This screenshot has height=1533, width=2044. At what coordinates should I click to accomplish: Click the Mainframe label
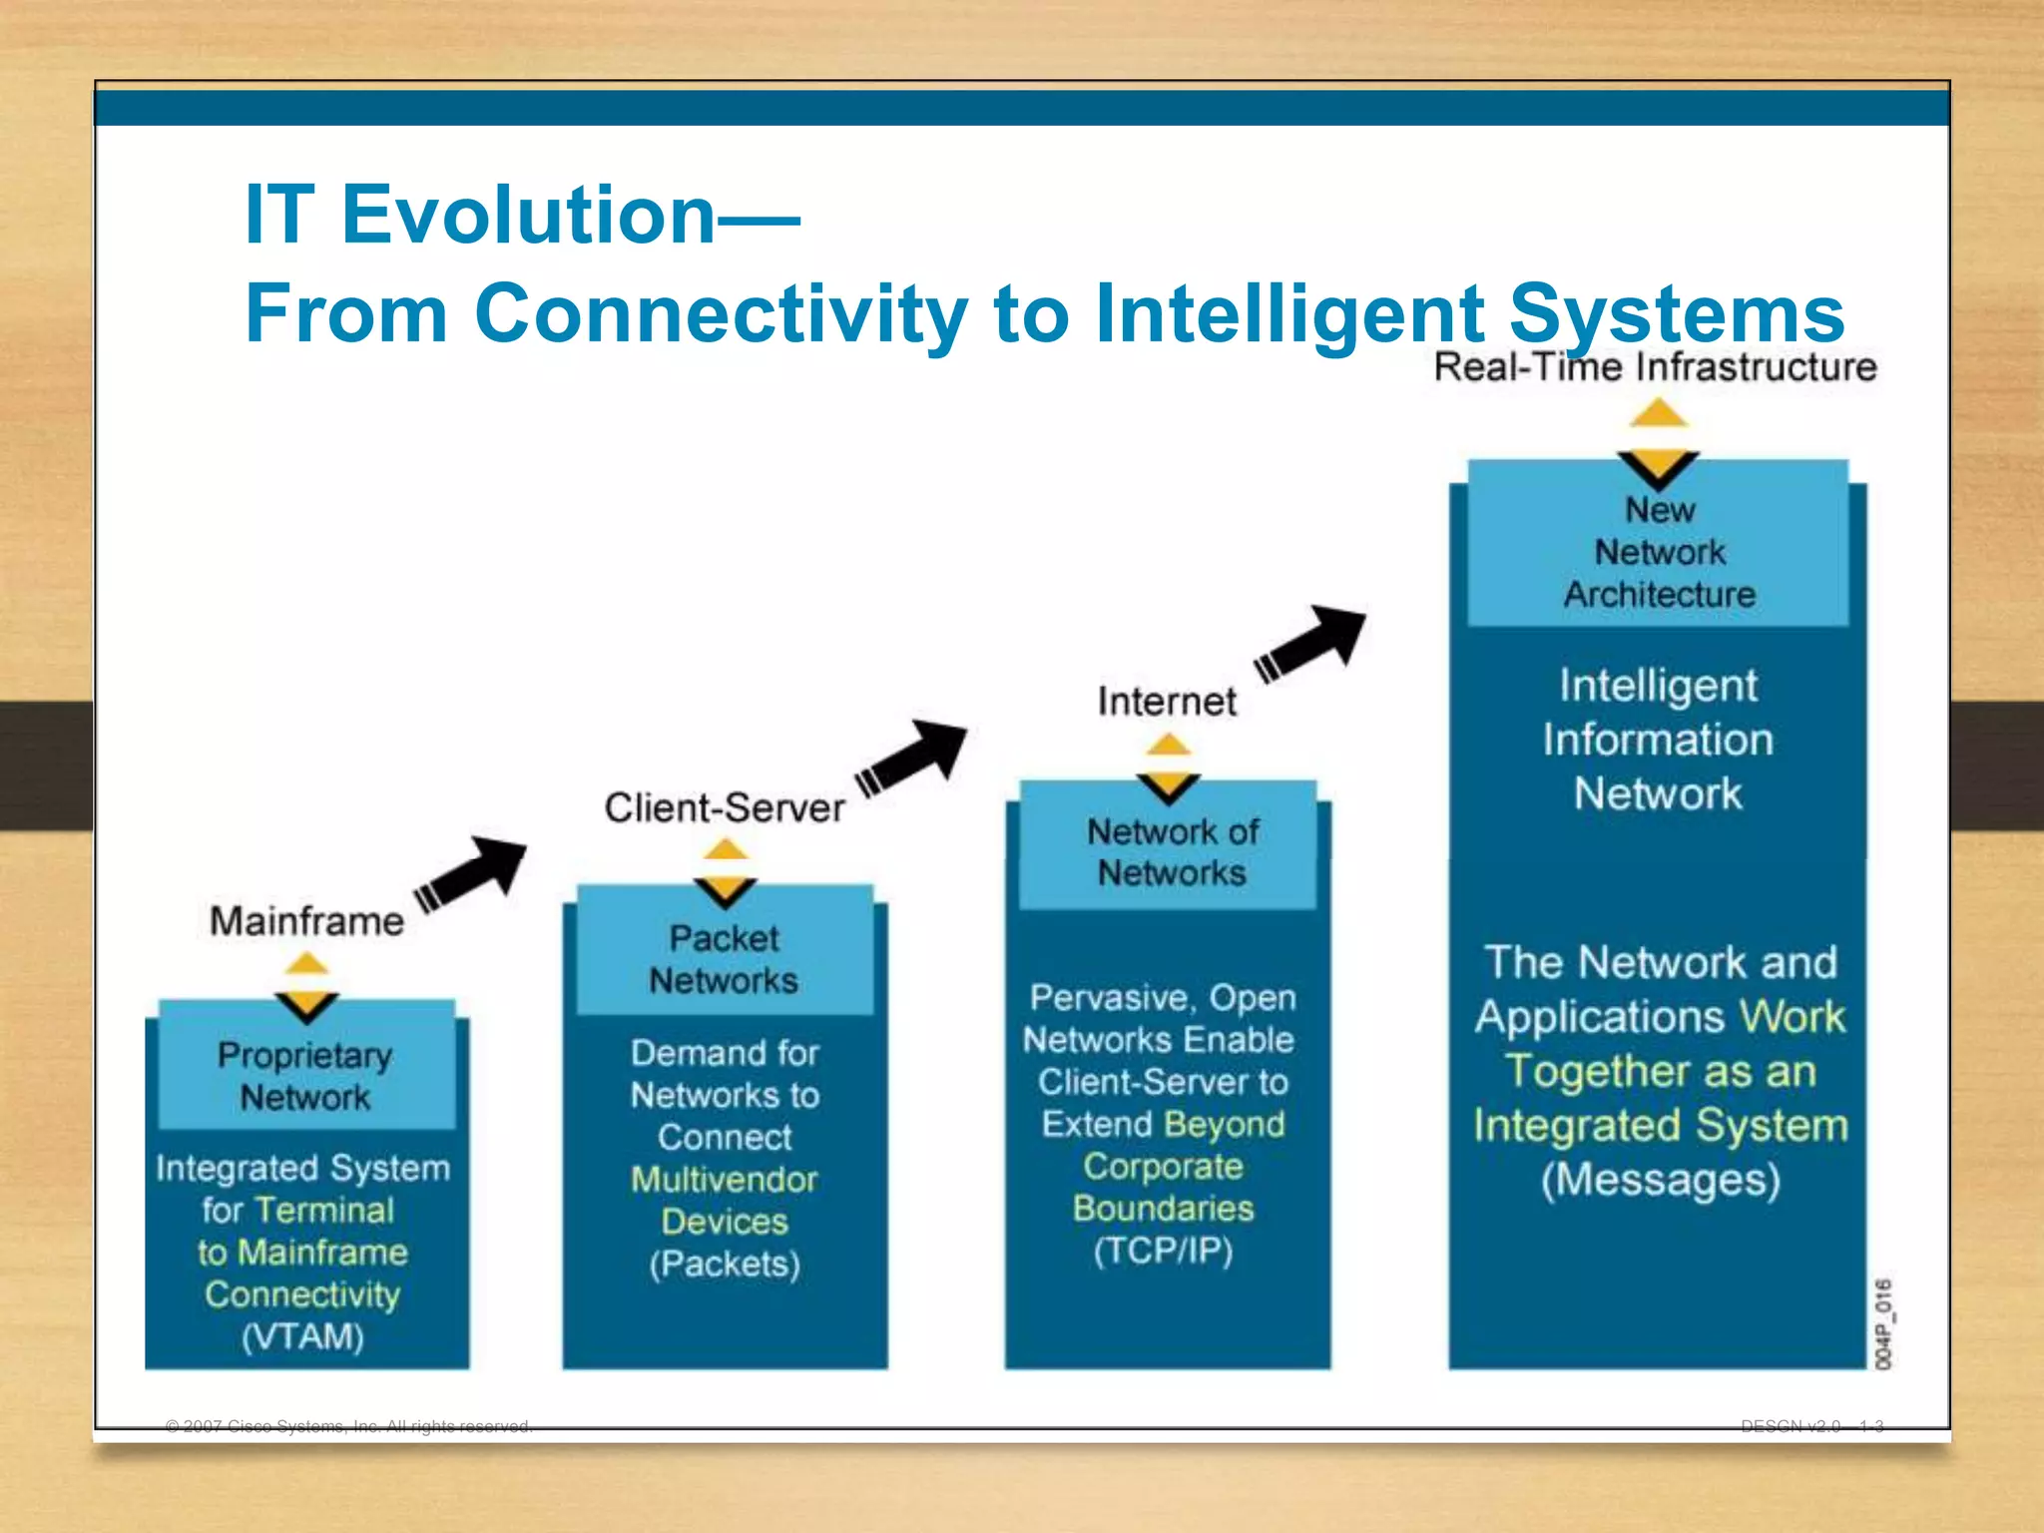tap(306, 920)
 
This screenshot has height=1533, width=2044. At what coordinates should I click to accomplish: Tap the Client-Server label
tap(725, 807)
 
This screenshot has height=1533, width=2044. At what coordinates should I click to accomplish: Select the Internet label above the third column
tap(1167, 701)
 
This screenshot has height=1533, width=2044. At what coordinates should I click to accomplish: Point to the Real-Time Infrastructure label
tap(1655, 367)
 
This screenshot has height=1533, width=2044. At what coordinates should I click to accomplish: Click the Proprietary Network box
tap(306, 1076)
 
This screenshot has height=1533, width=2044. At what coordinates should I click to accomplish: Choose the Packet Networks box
tap(725, 959)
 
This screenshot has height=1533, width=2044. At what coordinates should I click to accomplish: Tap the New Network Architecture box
tap(1659, 552)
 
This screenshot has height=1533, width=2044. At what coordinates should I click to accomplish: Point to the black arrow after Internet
tap(1310, 643)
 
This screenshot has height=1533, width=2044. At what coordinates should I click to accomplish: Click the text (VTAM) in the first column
tap(302, 1335)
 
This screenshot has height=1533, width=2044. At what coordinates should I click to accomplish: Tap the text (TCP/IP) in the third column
tap(1163, 1250)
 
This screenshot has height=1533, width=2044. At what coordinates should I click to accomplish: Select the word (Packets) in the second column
tap(725, 1264)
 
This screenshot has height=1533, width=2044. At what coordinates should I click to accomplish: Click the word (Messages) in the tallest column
tap(1660, 1179)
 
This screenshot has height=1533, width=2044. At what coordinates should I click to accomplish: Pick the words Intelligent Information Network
tap(1658, 740)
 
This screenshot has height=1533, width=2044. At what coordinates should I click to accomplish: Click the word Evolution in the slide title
tap(529, 215)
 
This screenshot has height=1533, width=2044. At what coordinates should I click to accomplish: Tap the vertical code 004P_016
tap(1882, 1323)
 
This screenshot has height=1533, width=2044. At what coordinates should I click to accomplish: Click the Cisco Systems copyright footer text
tap(349, 1426)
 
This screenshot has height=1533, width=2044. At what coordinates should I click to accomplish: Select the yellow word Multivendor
tap(725, 1180)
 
